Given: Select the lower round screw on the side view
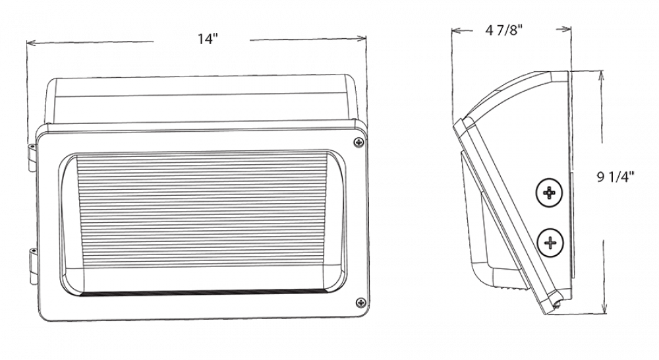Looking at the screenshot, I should pyautogui.click(x=550, y=243).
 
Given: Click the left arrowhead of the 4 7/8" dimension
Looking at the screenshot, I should pyautogui.click(x=456, y=31).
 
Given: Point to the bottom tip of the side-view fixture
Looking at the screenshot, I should pyautogui.click(x=557, y=310).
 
